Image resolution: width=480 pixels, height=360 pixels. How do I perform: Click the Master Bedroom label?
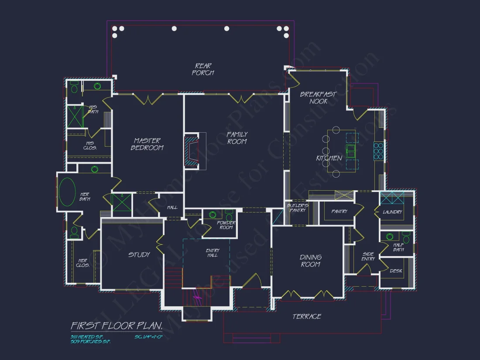tap(147, 144)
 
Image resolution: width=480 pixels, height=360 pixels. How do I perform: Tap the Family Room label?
tap(237, 138)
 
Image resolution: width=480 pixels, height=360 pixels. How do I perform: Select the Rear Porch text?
tap(203, 69)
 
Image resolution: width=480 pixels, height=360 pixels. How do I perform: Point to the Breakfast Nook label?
tap(319, 98)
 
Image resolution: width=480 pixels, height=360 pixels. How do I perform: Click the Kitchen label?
tap(329, 158)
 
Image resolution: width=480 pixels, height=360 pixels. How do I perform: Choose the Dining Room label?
tap(311, 261)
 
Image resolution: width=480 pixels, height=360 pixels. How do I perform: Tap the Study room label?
tap(139, 254)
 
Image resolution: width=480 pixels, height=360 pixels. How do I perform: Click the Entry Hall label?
tap(213, 253)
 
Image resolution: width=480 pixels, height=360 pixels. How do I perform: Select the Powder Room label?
tap(226, 225)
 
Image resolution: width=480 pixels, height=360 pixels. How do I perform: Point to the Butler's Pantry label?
tap(298, 208)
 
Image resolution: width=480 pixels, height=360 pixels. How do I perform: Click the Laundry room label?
tap(392, 212)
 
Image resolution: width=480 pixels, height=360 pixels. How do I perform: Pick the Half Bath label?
tap(398, 247)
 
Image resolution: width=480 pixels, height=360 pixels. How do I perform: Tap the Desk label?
tap(396, 271)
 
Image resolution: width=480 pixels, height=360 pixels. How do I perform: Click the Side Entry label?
tap(368, 256)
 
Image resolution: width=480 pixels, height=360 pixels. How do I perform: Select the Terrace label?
tap(307, 316)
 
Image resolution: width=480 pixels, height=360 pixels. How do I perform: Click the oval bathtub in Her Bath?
tap(68, 192)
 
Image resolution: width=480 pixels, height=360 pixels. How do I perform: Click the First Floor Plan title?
tap(117, 326)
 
